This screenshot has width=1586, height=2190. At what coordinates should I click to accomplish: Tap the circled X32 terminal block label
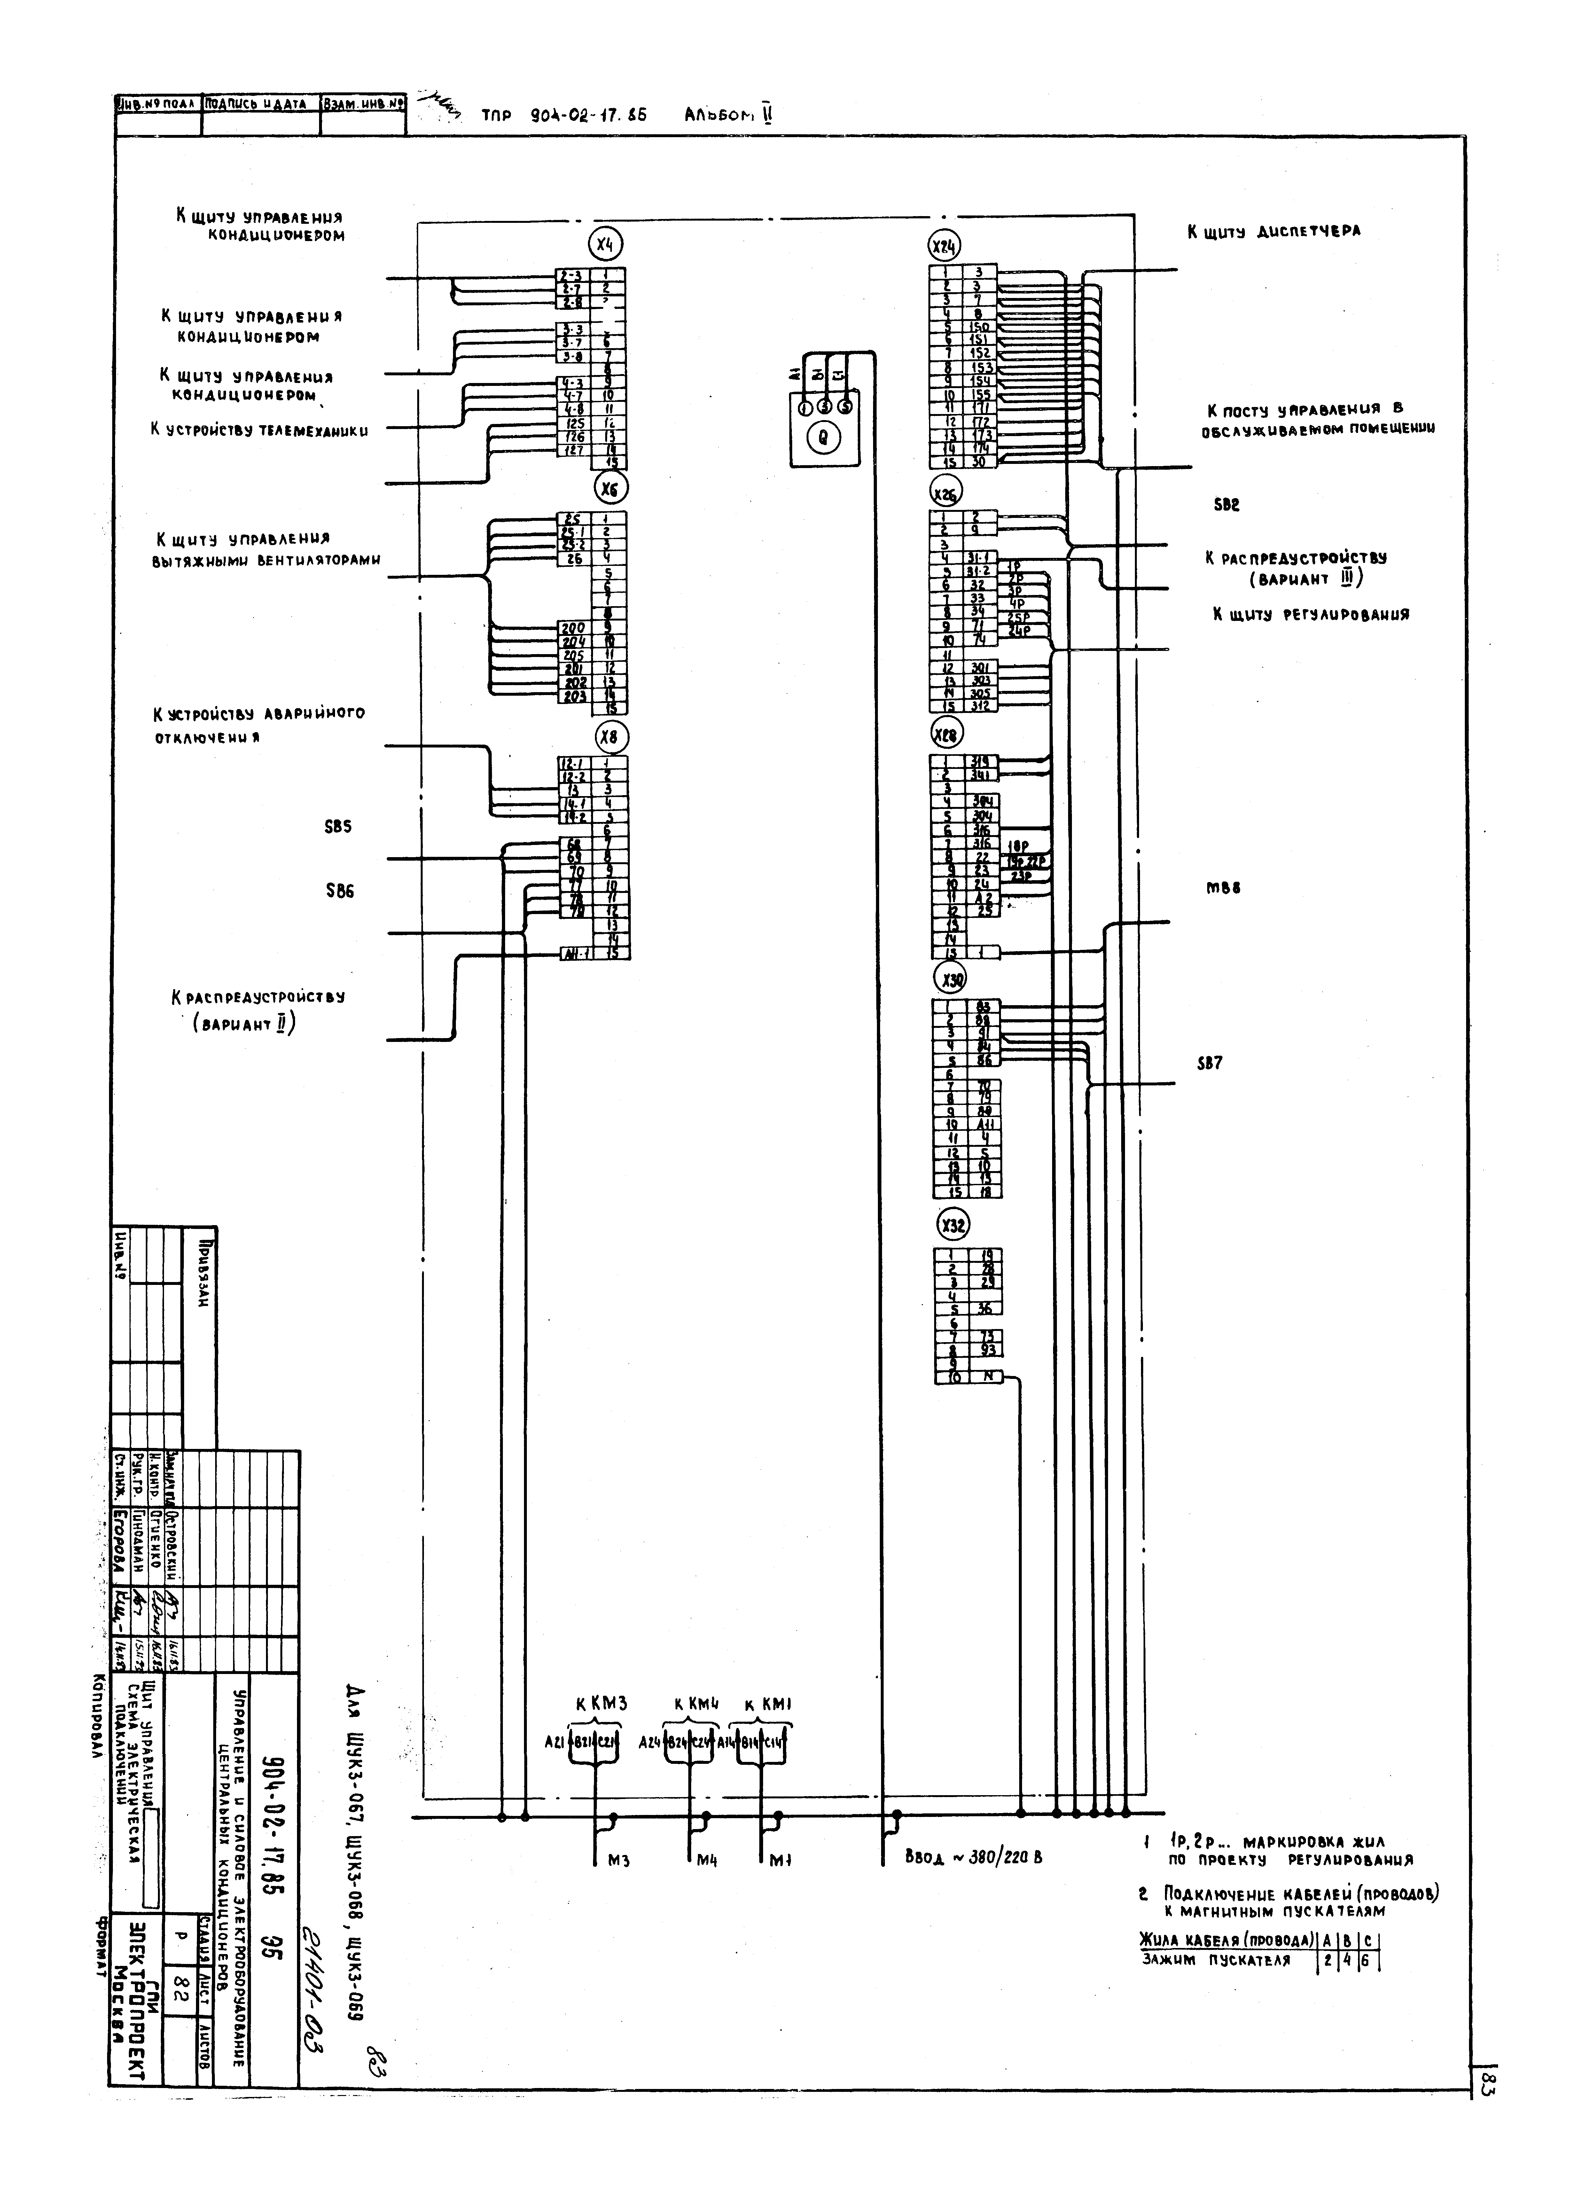(954, 1225)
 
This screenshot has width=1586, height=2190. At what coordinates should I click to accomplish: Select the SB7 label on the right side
(1209, 1063)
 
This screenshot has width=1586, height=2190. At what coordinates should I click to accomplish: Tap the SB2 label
(1226, 505)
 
